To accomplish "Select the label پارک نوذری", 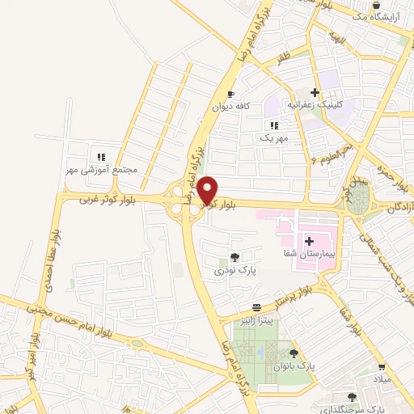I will (234, 271).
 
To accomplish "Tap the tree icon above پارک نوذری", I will (235, 257).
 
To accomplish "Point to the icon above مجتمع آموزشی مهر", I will (101, 157).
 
